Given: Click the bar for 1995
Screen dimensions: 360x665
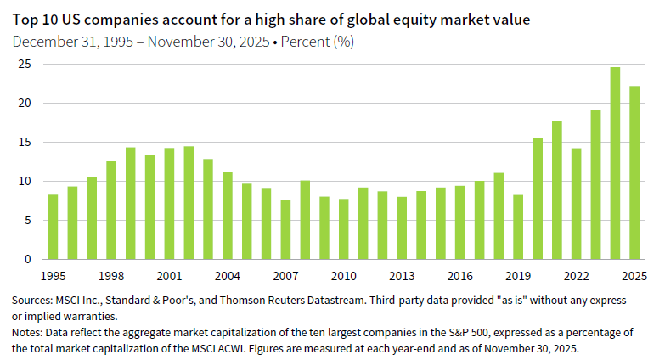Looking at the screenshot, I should [53, 227].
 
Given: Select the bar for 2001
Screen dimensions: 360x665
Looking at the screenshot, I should [169, 204].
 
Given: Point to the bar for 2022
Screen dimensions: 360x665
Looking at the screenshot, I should [576, 204].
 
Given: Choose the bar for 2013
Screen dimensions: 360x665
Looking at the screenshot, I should [402, 228].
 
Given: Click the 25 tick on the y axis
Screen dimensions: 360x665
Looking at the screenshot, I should [25, 65].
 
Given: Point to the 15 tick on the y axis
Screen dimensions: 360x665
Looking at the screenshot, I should [25, 143].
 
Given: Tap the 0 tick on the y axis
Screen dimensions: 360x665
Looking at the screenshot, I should [28, 259].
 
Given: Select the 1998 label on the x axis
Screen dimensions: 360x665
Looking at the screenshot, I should [110, 276].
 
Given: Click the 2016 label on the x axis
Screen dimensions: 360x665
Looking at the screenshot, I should [459, 276].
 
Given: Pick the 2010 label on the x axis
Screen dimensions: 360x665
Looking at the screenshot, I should [343, 276].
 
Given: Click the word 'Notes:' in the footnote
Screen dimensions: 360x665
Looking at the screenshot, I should [27, 333].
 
